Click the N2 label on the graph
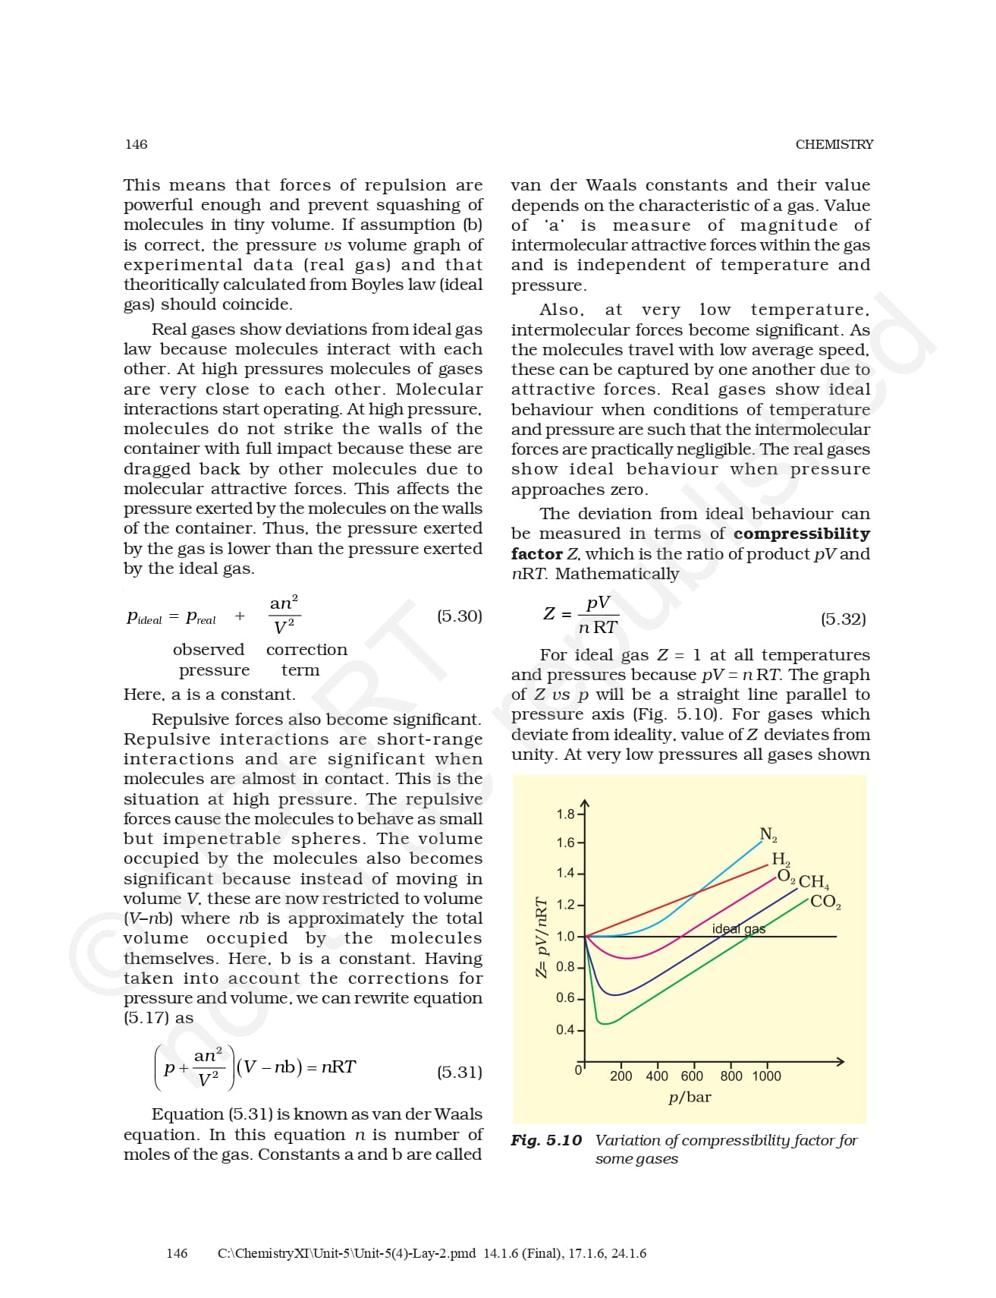(x=768, y=835)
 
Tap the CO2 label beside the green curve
(x=825, y=902)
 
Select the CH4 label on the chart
(x=814, y=882)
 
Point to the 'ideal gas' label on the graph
(x=738, y=928)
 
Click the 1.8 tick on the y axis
(x=565, y=814)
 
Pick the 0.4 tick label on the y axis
(x=565, y=1030)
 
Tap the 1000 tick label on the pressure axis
(x=766, y=1076)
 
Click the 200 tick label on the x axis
(x=621, y=1076)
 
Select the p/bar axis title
(x=690, y=1097)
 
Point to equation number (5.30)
(x=459, y=616)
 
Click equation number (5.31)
(x=459, y=1072)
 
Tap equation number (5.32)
(x=843, y=619)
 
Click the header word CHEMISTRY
(x=834, y=144)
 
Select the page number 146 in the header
(x=137, y=144)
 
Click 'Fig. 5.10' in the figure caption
(x=545, y=1140)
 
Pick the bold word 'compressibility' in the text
(x=801, y=534)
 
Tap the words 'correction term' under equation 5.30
(x=306, y=660)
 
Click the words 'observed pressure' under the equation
(x=209, y=660)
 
